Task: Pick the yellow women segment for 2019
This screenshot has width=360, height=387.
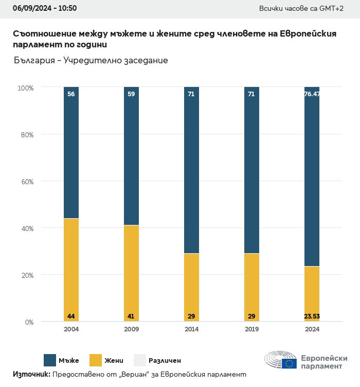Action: (251, 286)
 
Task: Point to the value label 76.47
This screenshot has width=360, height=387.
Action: (312, 94)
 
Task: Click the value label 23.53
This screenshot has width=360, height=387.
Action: (312, 316)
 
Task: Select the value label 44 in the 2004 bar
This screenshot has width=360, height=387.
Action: (71, 316)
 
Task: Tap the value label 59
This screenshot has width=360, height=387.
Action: (131, 94)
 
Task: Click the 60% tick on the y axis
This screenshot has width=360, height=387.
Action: (26, 182)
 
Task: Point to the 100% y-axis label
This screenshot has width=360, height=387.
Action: (25, 88)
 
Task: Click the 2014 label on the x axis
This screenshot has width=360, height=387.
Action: (191, 329)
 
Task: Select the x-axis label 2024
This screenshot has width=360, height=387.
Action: (312, 329)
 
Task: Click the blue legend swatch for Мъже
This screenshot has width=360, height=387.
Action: (50, 360)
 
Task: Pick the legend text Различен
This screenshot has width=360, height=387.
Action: (165, 361)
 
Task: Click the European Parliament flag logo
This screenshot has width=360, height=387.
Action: (289, 363)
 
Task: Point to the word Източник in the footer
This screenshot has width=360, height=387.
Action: (31, 374)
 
